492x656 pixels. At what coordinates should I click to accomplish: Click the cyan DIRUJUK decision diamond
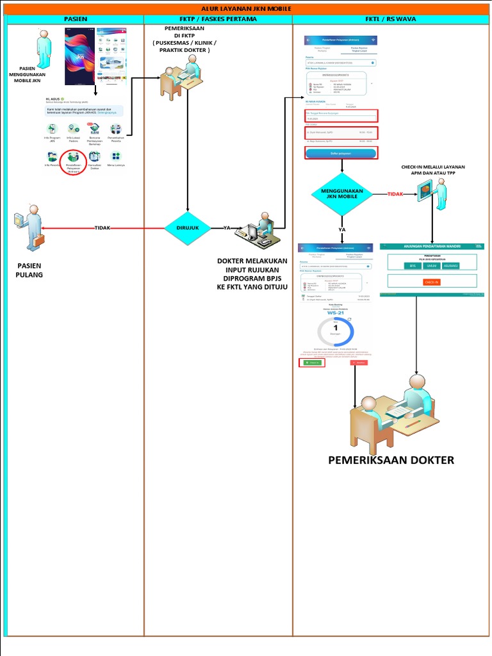coord(187,228)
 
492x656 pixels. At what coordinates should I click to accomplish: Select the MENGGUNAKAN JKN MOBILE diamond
coord(341,195)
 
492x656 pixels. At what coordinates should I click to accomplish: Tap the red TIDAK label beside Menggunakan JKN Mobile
coord(396,194)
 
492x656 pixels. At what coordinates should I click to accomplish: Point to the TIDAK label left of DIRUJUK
coord(102,228)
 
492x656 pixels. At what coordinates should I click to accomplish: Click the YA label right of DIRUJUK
coord(227,228)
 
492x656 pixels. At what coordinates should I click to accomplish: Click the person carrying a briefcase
coord(30,227)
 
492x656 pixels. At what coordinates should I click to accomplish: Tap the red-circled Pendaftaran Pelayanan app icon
coord(73,161)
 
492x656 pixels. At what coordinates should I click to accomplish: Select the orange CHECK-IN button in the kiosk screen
coord(432,282)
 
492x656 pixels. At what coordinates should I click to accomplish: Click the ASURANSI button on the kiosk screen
coord(451,265)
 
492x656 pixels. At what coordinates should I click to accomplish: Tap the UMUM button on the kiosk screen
coord(432,265)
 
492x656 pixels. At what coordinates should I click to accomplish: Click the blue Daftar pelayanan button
coord(341,153)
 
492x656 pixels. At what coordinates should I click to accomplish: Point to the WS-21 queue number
coord(336,313)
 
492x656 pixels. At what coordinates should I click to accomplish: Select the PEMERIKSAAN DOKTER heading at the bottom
coord(391,460)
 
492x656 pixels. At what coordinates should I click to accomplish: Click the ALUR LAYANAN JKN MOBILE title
coord(246,9)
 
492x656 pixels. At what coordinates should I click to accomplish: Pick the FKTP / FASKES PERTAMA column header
coord(218,19)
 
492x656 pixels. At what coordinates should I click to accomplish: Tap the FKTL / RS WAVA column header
coord(391,19)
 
